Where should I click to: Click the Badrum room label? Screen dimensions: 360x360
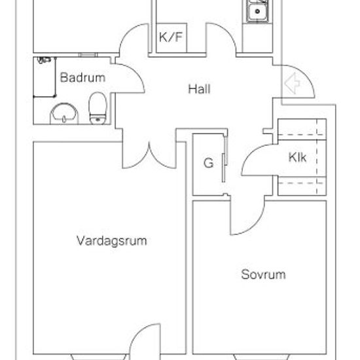point(82,78)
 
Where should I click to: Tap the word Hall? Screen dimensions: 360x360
point(199,89)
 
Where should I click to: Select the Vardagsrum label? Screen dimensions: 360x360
point(111,241)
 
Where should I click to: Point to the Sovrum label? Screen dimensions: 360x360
point(263,274)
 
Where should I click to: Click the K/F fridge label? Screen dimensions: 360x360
point(171,37)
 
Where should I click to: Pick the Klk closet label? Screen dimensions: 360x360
point(297,157)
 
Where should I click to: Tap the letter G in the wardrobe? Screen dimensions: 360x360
point(208,163)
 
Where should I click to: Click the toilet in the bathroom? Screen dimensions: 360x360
point(98,108)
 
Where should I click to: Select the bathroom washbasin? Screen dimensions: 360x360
point(64,114)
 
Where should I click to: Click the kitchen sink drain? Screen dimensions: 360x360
point(257,11)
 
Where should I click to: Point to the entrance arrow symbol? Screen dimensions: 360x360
point(292,83)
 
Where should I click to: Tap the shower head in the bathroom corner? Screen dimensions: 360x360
point(44,60)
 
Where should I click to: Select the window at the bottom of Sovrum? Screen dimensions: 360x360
point(262,357)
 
